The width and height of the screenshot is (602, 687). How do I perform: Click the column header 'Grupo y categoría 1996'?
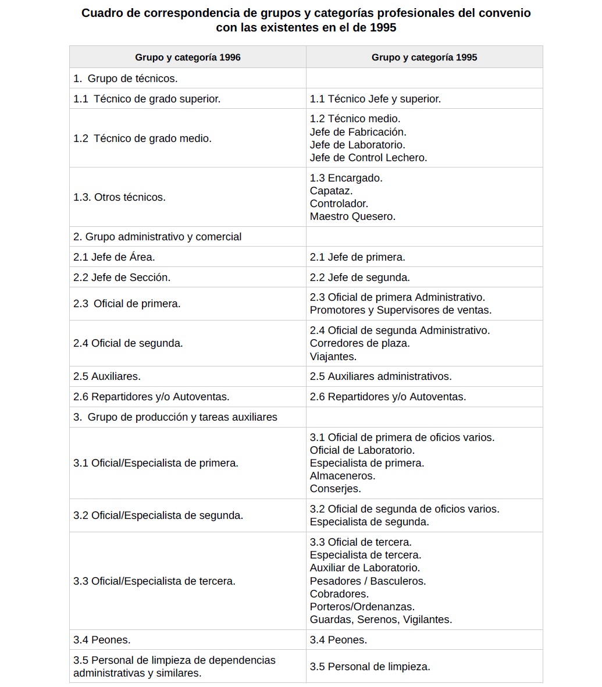point(187,57)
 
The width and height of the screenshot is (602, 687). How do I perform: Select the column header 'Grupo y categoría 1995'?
point(424,57)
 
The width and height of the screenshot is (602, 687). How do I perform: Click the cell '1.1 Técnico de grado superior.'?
point(147,99)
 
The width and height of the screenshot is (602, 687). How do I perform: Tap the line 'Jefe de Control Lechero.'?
point(368,158)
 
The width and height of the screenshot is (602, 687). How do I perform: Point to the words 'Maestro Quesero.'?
point(352,216)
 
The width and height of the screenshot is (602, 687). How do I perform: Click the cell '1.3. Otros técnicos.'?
point(119,197)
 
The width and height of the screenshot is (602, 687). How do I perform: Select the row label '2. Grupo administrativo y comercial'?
point(157,237)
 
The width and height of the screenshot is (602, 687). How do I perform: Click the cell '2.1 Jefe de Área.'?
point(114,257)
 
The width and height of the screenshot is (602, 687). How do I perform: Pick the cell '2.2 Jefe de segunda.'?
point(359,277)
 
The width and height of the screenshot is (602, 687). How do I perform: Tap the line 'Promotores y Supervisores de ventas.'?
point(401,310)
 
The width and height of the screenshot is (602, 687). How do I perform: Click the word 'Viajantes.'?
point(333,357)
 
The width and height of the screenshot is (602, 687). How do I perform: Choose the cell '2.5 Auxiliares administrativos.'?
point(380,376)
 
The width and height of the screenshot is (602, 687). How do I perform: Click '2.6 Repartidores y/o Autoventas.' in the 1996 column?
point(151,397)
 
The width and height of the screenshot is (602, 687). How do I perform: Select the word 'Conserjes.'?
point(335,489)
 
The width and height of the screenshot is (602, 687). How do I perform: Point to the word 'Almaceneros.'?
point(343,476)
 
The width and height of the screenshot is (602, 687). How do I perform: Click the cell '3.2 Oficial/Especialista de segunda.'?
point(158,515)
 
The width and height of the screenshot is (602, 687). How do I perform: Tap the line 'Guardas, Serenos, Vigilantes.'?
point(381,620)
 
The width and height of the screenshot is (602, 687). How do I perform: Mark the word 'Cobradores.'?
point(339,594)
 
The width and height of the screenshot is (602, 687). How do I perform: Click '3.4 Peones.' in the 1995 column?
point(338,640)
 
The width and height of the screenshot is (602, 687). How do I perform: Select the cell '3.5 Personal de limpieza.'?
point(370,667)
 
